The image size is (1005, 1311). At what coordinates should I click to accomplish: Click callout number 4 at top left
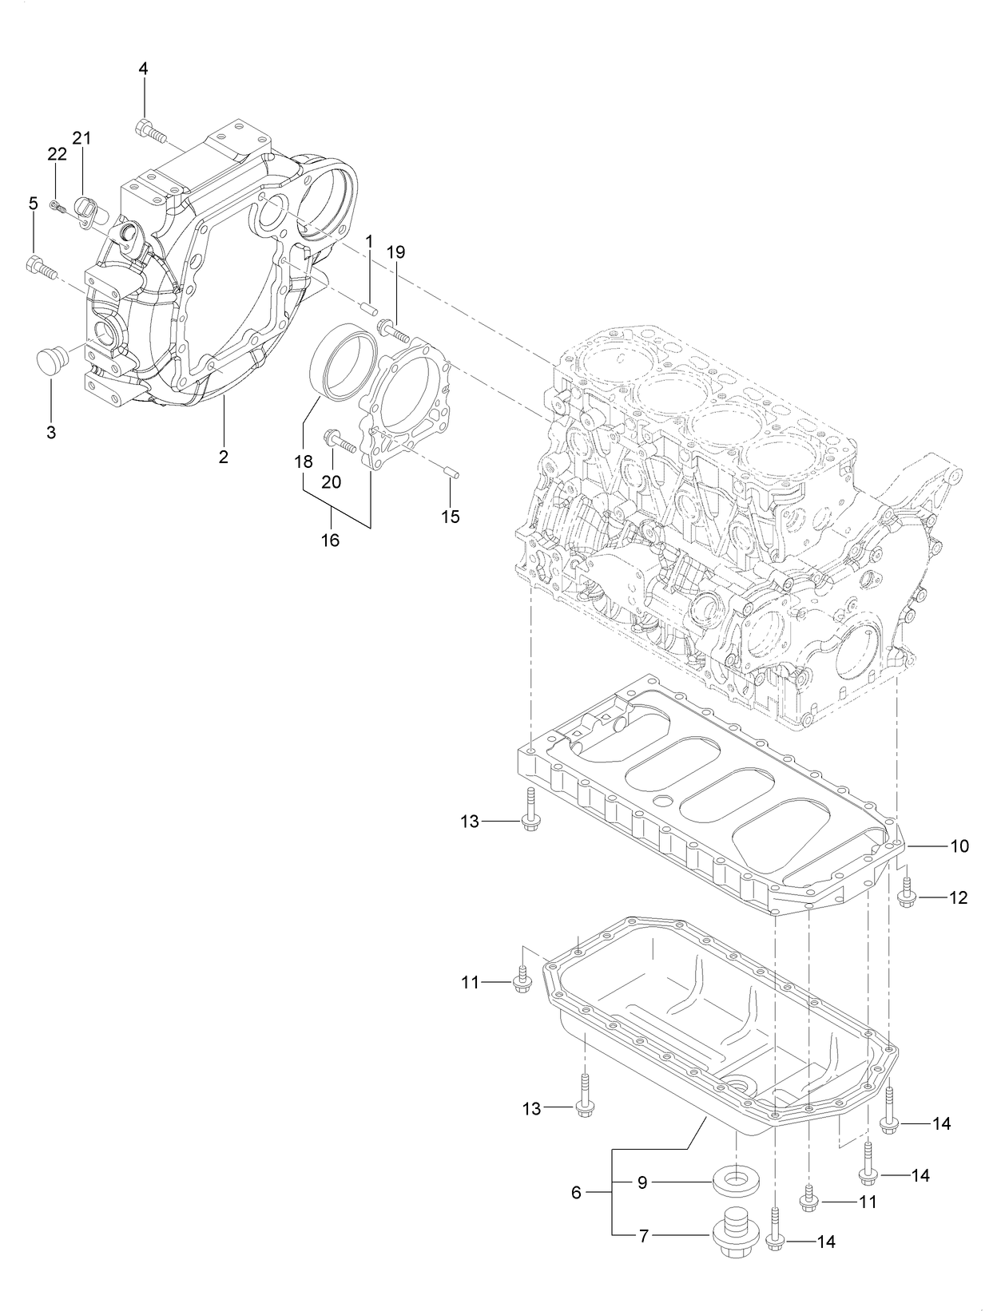pos(143,69)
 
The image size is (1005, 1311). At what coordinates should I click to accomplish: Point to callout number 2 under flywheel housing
pos(224,457)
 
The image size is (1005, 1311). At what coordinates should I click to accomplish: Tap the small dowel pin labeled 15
pos(450,471)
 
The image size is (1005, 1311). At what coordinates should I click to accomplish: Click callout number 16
pos(330,541)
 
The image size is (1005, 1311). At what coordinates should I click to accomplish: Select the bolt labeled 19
pos(391,327)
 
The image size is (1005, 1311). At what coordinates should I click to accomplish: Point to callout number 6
pos(576,1193)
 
